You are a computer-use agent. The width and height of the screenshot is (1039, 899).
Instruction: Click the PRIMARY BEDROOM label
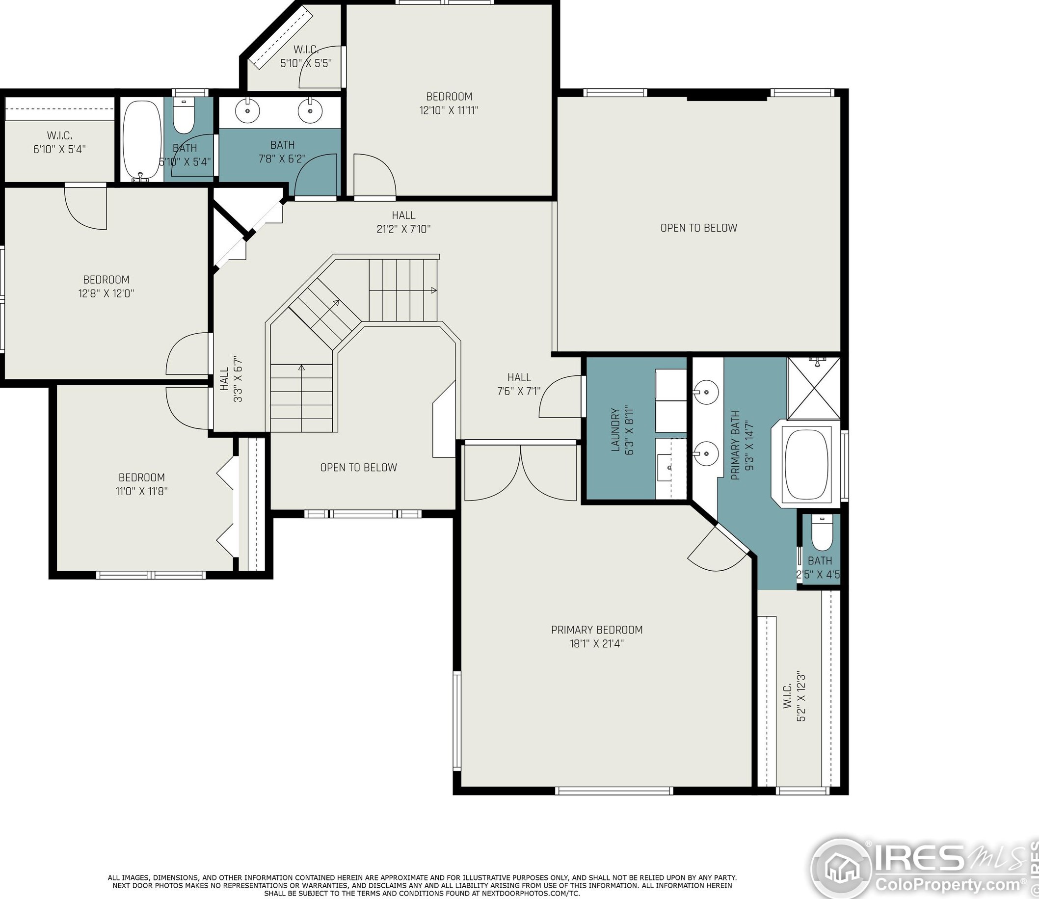tap(596, 630)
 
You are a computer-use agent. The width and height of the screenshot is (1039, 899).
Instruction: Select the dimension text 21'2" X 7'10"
tap(403, 229)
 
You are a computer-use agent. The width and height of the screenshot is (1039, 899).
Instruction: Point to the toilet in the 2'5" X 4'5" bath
tap(821, 533)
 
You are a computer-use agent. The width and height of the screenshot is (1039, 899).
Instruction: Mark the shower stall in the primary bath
tap(813, 388)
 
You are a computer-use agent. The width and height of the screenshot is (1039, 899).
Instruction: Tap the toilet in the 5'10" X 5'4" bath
tap(183, 116)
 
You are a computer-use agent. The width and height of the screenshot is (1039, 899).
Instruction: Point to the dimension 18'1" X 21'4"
tap(596, 643)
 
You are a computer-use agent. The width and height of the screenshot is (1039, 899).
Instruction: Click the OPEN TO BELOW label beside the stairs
tap(359, 468)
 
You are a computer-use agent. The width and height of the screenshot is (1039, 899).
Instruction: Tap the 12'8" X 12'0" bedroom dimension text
tap(107, 293)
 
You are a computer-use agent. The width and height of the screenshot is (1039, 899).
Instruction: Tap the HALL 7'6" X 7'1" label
tap(519, 384)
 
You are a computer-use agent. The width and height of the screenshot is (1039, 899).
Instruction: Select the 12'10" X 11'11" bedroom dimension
tap(449, 110)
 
